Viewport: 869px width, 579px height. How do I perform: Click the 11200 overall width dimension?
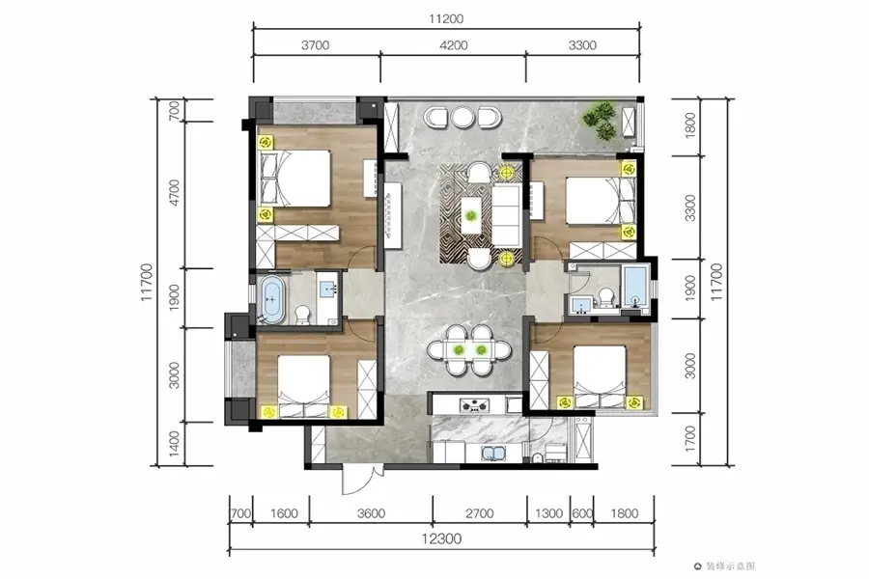pyautogui.click(x=445, y=19)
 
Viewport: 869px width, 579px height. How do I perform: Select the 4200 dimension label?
pyautogui.click(x=454, y=45)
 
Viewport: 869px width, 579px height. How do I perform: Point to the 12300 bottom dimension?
pyautogui.click(x=441, y=538)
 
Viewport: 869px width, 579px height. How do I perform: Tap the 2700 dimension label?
pyautogui.click(x=479, y=513)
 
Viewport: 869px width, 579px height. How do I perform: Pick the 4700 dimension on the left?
pyautogui.click(x=174, y=193)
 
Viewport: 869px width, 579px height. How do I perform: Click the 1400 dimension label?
pyautogui.click(x=174, y=444)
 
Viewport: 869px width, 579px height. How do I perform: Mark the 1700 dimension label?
pyautogui.click(x=690, y=438)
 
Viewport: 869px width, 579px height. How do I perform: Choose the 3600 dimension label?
pyautogui.click(x=371, y=513)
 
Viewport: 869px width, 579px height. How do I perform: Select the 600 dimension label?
pyautogui.click(x=582, y=513)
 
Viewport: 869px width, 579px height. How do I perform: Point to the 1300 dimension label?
pyautogui.click(x=548, y=513)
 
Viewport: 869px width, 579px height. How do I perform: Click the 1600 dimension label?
pyautogui.click(x=284, y=513)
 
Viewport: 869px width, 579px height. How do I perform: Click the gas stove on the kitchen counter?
pyautogui.click(x=474, y=405)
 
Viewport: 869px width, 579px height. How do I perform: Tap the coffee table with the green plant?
pyautogui.click(x=470, y=215)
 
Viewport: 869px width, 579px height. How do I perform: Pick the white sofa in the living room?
pyautogui.click(x=506, y=215)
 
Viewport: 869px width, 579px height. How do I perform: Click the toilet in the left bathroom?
pyautogui.click(x=302, y=315)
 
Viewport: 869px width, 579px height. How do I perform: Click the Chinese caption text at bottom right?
pyautogui.click(x=729, y=565)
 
